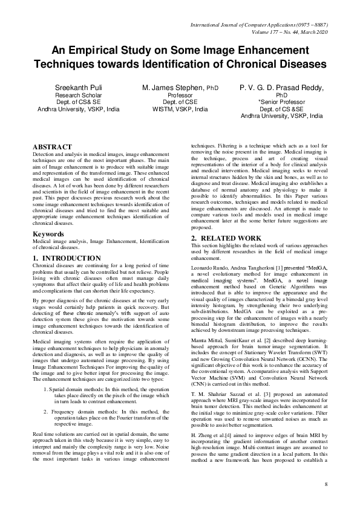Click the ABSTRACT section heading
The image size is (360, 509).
tap(52, 147)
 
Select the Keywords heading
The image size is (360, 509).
tap(49, 233)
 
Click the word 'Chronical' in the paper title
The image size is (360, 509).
tap(252, 63)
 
